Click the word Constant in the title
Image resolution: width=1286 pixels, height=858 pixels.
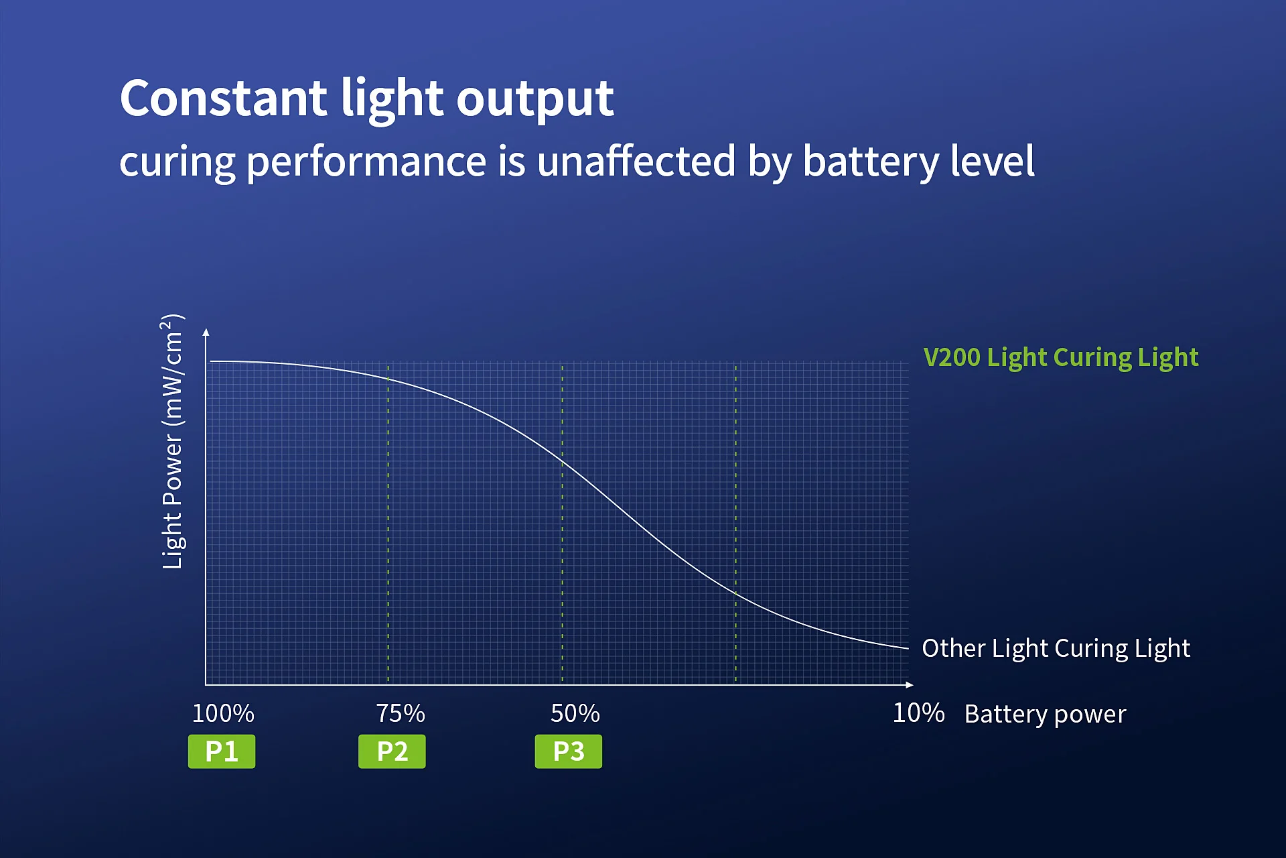(223, 98)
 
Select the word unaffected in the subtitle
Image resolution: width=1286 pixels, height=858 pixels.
(636, 162)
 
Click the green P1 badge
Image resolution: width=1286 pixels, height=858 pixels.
(222, 751)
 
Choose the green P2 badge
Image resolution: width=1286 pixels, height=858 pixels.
(392, 751)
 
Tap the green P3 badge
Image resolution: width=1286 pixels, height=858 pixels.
(568, 751)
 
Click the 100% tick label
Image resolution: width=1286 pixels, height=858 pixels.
(223, 713)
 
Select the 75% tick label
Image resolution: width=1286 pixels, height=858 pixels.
(401, 713)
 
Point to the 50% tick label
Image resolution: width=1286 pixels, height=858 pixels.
(575, 713)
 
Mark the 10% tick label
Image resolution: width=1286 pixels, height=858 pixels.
(918, 713)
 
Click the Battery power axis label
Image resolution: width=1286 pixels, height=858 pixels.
(1045, 715)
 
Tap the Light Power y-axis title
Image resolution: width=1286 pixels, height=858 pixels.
(173, 442)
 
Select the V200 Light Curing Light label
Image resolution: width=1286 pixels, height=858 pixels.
(1061, 357)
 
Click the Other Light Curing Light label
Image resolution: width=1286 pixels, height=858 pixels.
(1056, 648)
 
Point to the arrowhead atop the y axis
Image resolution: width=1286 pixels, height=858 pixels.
(206, 332)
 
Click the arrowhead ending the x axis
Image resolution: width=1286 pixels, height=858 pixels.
(909, 684)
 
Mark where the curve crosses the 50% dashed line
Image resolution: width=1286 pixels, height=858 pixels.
(562, 462)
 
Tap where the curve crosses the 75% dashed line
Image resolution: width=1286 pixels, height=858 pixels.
(388, 379)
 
